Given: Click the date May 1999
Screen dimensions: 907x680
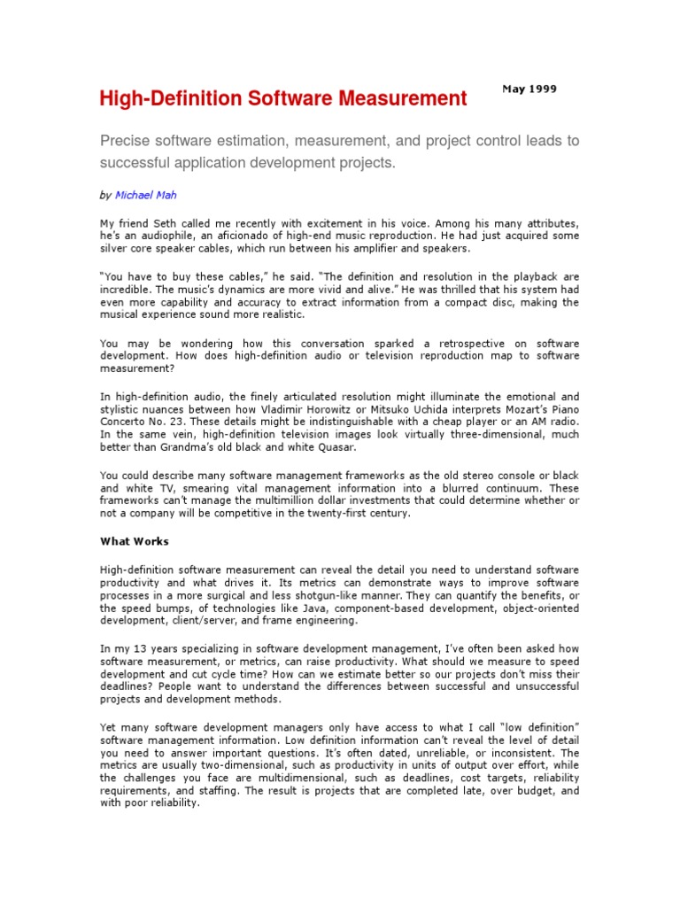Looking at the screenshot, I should click(x=529, y=89).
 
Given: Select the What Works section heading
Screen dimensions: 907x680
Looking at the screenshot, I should click(x=135, y=541).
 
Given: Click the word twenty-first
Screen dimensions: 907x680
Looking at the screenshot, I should click(x=327, y=513).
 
